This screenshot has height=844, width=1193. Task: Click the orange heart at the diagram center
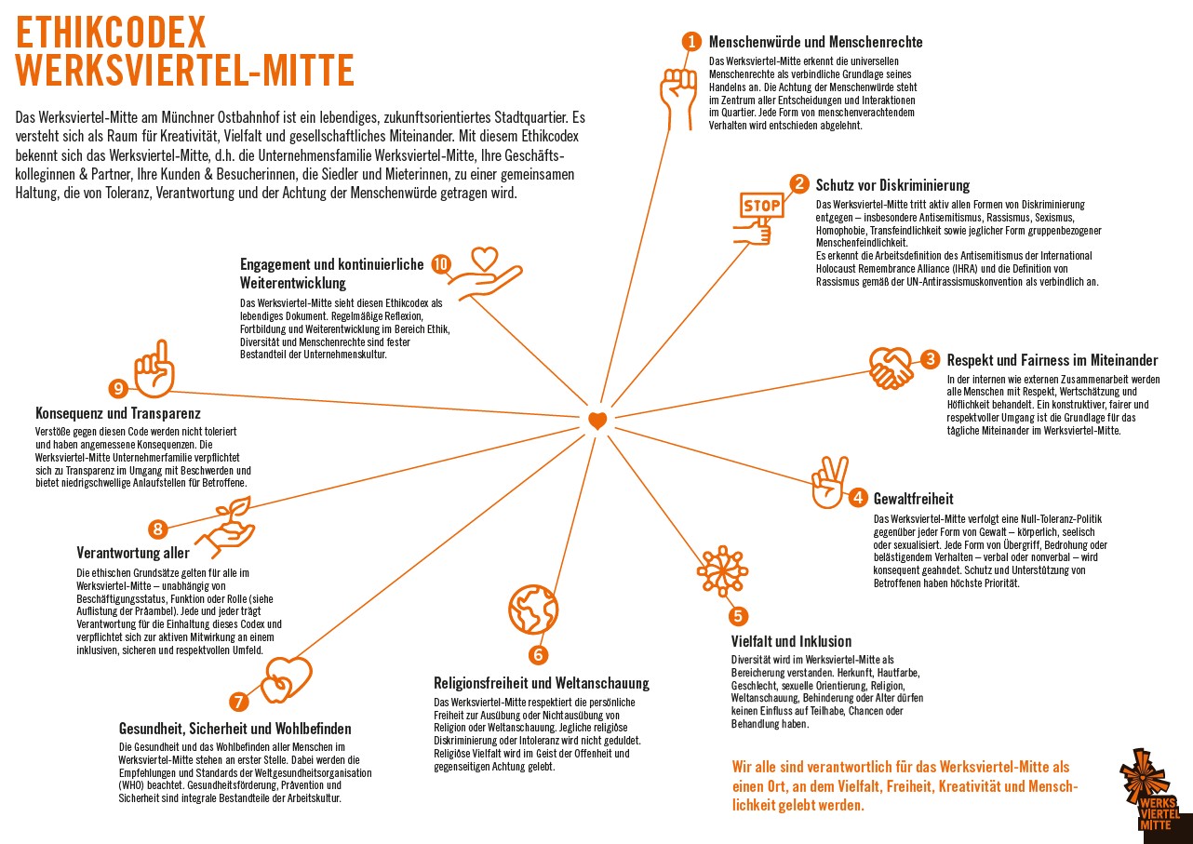(597, 421)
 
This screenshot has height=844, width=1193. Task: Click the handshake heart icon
(891, 368)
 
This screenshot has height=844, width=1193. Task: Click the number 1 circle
(690, 41)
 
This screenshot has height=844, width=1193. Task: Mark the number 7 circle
(239, 702)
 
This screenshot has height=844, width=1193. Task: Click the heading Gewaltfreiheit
(913, 499)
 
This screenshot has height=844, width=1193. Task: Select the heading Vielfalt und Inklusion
(791, 641)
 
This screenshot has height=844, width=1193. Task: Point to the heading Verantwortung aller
(133, 553)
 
